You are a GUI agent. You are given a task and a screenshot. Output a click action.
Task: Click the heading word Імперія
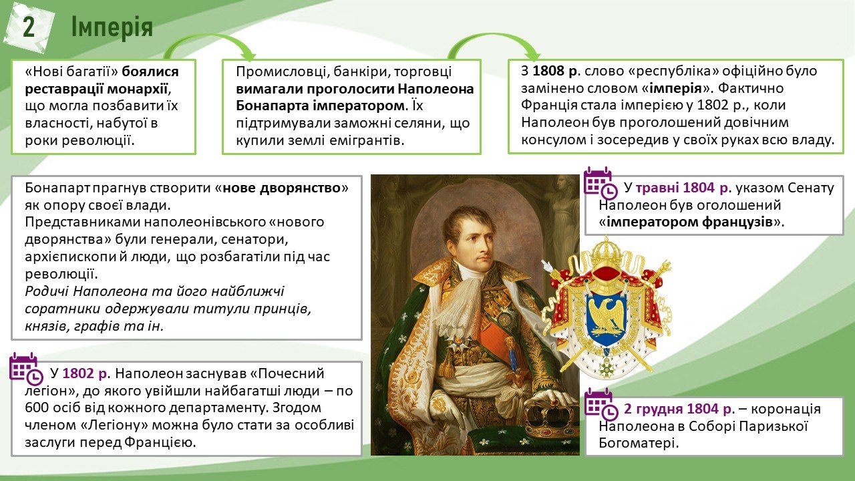[x=112, y=27]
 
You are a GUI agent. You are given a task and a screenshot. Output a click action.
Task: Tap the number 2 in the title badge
[x=29, y=27]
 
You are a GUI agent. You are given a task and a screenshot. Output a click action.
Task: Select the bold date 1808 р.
[x=556, y=71]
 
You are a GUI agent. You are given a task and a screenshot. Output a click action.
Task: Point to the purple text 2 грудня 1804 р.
[x=679, y=409]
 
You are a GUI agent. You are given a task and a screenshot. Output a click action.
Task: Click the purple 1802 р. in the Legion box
[x=86, y=373]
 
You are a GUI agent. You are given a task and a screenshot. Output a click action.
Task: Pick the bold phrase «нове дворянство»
[x=282, y=188]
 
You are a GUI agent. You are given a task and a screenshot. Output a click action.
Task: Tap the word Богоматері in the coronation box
[x=638, y=443]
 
